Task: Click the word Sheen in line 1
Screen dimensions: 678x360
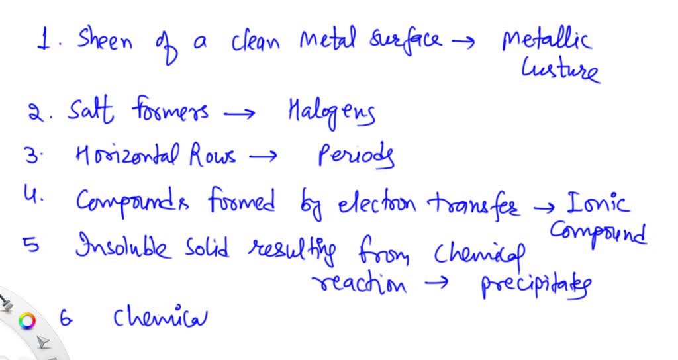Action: click(x=105, y=40)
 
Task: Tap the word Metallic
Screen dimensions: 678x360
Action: click(x=546, y=40)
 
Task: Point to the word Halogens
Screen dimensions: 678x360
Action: click(x=331, y=112)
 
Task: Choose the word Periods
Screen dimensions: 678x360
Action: click(x=356, y=156)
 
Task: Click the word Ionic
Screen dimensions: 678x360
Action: click(x=598, y=203)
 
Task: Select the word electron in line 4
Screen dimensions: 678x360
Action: click(x=377, y=204)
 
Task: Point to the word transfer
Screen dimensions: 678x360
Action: click(x=473, y=204)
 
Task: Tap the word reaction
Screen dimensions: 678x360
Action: click(x=359, y=285)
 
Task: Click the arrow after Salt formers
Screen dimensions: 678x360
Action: click(x=239, y=114)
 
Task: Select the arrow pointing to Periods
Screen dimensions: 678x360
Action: click(x=262, y=156)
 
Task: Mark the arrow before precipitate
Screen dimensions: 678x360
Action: click(x=437, y=283)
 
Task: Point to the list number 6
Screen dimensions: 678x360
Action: click(x=66, y=318)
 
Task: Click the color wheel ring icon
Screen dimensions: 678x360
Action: click(x=26, y=321)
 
